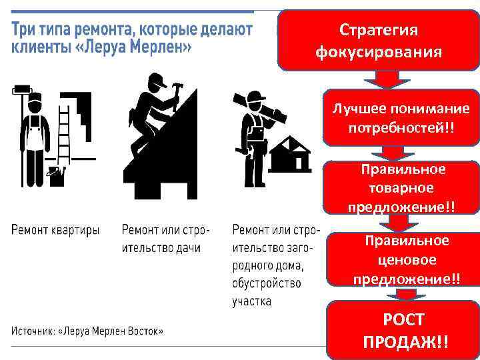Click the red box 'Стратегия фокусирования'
(x=379, y=40)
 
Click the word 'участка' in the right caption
(x=251, y=301)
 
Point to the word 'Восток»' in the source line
(x=145, y=331)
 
